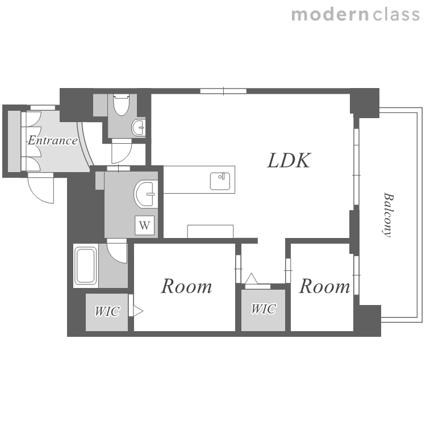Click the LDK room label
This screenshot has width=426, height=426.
(289, 161)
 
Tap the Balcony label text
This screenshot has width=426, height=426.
(388, 215)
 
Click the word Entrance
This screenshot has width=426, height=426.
(52, 140)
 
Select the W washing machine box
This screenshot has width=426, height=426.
(144, 225)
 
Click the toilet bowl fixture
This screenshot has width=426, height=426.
(121, 105)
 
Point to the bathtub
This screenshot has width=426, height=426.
(86, 266)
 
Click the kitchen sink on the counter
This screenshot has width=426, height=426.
(220, 181)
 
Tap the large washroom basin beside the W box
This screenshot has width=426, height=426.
(146, 194)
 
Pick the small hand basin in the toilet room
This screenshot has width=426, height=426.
(139, 127)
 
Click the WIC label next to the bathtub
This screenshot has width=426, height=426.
(107, 311)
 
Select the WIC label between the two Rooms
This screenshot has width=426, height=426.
(264, 309)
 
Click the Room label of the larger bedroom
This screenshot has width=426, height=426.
(186, 286)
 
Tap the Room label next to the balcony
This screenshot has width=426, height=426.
(324, 286)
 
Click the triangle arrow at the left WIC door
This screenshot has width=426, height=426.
(137, 311)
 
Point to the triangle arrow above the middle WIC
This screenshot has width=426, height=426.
(251, 278)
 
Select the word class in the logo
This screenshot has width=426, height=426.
(396, 15)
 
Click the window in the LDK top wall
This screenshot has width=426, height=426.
(223, 91)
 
